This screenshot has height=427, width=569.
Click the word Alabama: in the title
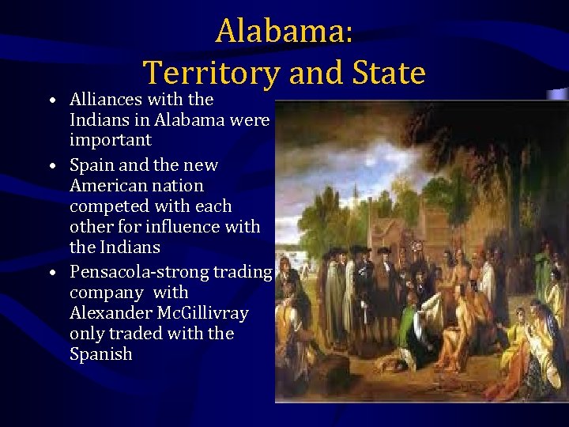tap(284, 32)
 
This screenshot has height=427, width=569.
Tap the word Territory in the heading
tap(211, 74)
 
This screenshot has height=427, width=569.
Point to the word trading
tap(244, 272)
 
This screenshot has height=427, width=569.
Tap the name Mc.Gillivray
tap(205, 313)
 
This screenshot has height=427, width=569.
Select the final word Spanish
tap(101, 354)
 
